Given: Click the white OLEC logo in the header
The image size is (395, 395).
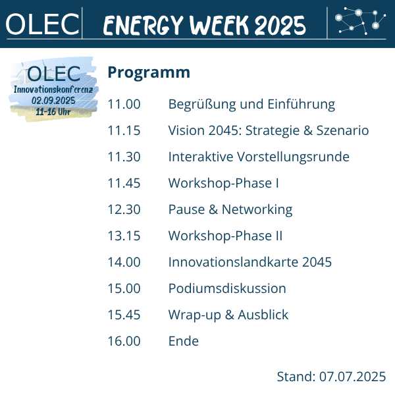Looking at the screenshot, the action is click(x=42, y=24).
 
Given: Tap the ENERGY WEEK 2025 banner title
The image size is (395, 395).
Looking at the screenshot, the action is click(x=205, y=25).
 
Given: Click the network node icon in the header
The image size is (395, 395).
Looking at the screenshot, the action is click(x=360, y=20).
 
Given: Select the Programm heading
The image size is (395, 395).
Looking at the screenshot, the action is click(x=149, y=72).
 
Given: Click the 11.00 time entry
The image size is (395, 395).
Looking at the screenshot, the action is click(x=124, y=104).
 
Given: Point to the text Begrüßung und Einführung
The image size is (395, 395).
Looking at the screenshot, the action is click(x=251, y=105).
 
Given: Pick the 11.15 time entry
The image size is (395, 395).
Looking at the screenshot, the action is click(x=124, y=130).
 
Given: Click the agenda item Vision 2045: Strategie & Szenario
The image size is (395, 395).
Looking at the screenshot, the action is click(x=269, y=130).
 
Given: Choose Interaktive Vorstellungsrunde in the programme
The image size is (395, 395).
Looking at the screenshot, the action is click(x=259, y=157).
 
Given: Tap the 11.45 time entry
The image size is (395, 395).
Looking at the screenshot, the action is click(x=124, y=183).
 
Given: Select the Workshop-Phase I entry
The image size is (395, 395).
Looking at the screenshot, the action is click(x=223, y=184).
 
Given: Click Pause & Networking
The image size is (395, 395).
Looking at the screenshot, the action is click(x=230, y=210).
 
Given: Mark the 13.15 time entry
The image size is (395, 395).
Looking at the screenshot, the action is click(x=124, y=236).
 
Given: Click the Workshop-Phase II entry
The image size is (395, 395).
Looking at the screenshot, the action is click(x=225, y=236).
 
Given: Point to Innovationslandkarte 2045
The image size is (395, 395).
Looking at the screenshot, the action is click(x=250, y=262).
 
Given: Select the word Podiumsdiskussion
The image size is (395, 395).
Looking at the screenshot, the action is click(x=227, y=288).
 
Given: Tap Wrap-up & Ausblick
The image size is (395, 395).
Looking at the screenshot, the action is click(x=228, y=315).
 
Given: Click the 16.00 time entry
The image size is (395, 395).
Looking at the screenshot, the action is click(x=124, y=341).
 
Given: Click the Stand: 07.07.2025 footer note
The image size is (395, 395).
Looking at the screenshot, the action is click(x=331, y=377).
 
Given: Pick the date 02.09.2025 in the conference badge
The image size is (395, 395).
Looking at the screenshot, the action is click(x=53, y=101).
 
